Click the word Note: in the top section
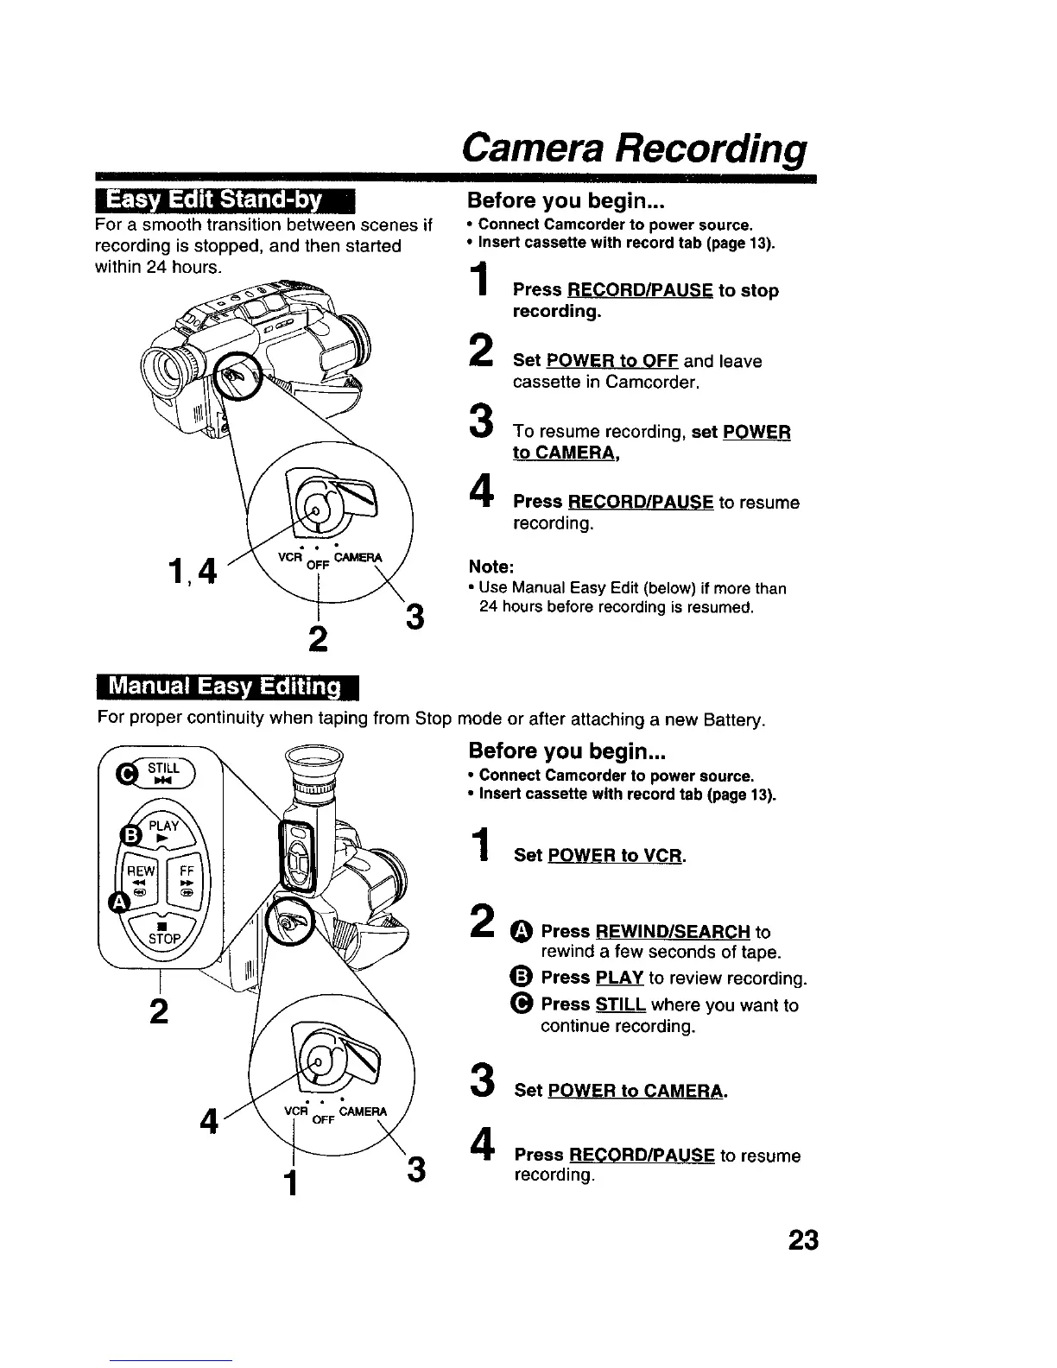(x=491, y=567)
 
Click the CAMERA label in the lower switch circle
(x=364, y=1111)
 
